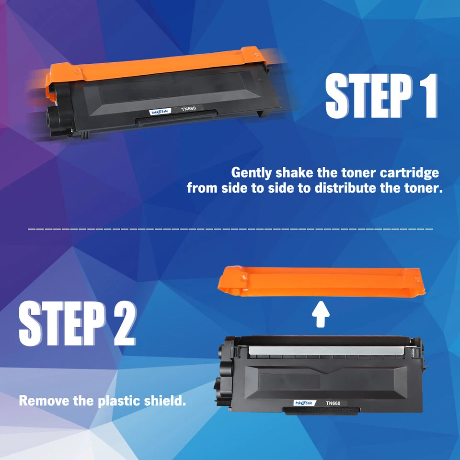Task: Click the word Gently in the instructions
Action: (x=251, y=172)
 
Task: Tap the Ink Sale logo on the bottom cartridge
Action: (x=305, y=403)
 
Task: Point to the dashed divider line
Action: (x=230, y=229)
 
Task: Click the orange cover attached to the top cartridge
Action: (x=153, y=67)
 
